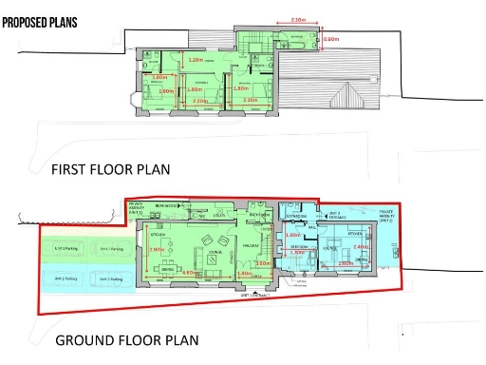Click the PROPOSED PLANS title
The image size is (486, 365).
click(40, 20)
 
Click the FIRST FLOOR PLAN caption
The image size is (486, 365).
click(112, 170)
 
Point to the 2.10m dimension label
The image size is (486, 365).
click(296, 20)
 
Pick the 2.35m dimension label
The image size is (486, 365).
click(251, 100)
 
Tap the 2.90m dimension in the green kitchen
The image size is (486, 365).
click(158, 250)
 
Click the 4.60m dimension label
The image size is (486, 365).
click(189, 274)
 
